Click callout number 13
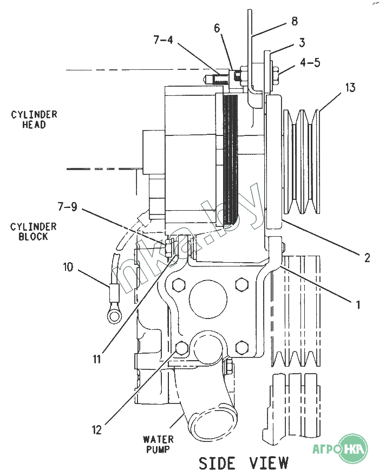pyautogui.click(x=350, y=87)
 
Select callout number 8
pyautogui.click(x=295, y=21)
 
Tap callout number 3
pyautogui.click(x=302, y=42)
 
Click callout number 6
pyautogui.click(x=217, y=28)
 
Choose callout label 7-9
pyautogui.click(x=68, y=206)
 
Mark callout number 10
pyautogui.click(x=68, y=266)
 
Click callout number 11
pyautogui.click(x=96, y=358)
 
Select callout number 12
pyautogui.click(x=96, y=430)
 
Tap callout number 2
pyautogui.click(x=367, y=257)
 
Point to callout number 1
pyautogui.click(x=357, y=305)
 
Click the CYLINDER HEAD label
pyautogui.click(x=34, y=120)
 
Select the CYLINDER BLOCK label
pyautogui.click(x=33, y=232)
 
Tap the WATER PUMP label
pyautogui.click(x=158, y=444)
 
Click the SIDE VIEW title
pyautogui.click(x=243, y=463)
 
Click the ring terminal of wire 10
pyautogui.click(x=114, y=314)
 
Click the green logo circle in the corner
pyautogui.click(x=353, y=449)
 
